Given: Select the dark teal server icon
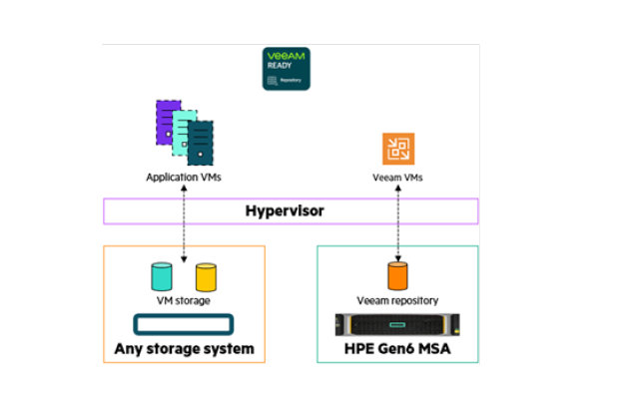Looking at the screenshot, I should click(x=200, y=143).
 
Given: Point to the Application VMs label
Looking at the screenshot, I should click(x=183, y=178).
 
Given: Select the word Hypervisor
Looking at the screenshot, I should click(x=289, y=211).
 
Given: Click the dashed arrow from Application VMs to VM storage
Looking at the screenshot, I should click(x=184, y=238).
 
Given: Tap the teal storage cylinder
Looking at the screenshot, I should click(x=162, y=276).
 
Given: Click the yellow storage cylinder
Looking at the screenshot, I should click(x=206, y=276).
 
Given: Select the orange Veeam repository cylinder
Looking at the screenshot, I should click(x=397, y=276).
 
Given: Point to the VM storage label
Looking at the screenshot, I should click(x=183, y=300).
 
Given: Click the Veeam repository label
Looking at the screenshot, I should click(x=397, y=300).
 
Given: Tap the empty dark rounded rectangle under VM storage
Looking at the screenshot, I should click(x=183, y=324).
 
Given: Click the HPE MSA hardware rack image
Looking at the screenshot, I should click(x=397, y=324).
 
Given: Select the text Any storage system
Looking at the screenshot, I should click(x=183, y=349).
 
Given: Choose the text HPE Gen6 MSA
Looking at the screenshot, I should click(x=397, y=349).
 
